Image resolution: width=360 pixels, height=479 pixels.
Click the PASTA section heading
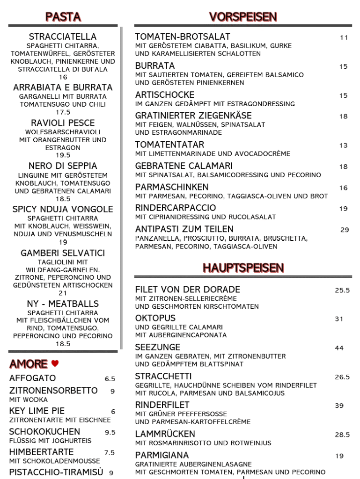63,17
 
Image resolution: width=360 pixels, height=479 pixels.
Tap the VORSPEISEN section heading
243,17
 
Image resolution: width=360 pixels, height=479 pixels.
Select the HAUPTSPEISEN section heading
243,268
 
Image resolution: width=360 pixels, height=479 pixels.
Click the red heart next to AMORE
55,363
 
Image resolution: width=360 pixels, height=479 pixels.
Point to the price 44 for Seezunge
339,348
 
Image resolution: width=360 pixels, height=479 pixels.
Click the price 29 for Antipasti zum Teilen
345,230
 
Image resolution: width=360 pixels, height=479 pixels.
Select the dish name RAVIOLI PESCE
63,123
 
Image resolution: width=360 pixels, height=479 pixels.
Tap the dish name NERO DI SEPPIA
63,166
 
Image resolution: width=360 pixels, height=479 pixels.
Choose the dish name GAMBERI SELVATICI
63,253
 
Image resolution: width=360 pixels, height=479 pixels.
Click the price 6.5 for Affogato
110,379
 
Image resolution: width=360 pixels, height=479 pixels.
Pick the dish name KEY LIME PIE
37,411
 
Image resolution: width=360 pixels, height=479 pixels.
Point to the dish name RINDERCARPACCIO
176,208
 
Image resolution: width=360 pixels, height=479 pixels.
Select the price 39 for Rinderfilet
339,406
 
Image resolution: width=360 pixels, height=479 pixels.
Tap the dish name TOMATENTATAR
169,145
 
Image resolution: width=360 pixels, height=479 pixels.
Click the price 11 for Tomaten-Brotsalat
344,37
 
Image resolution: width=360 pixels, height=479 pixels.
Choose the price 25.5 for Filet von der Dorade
342,290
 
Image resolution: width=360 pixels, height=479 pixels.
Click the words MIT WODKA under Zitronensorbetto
29,400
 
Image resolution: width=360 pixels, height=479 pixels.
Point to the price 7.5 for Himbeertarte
110,453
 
